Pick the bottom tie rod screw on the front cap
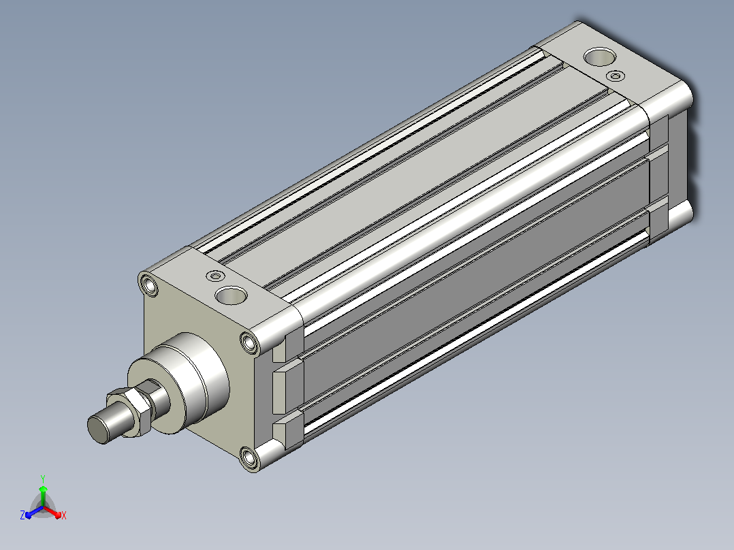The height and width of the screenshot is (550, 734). (x=249, y=457)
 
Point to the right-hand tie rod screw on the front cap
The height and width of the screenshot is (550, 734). (x=250, y=344)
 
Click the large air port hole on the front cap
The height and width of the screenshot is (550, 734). (x=231, y=295)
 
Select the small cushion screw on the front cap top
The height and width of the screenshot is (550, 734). (x=215, y=276)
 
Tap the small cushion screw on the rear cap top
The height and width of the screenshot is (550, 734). (x=615, y=76)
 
